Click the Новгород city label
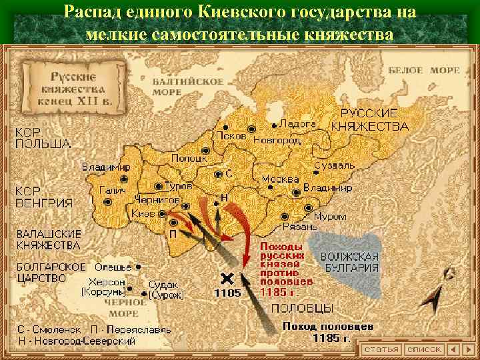(x=276, y=141)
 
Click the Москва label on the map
(x=279, y=179)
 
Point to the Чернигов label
(x=157, y=200)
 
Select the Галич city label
(x=111, y=191)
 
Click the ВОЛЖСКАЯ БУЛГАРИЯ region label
(x=349, y=262)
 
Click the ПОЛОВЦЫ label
(x=302, y=308)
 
